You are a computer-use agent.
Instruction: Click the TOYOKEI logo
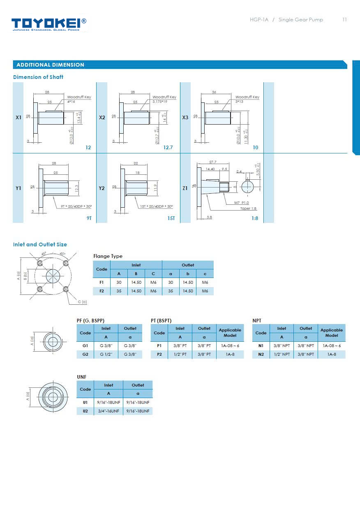pyautogui.click(x=48, y=24)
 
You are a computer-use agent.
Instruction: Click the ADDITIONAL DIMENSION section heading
pyautogui.click(x=50, y=65)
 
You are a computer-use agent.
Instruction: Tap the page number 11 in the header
pyautogui.click(x=344, y=20)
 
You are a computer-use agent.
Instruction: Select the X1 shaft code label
pyautogui.click(x=18, y=118)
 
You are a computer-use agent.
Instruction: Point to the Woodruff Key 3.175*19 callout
pyautogui.click(x=164, y=99)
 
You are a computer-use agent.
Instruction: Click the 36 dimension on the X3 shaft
pyautogui.click(x=214, y=93)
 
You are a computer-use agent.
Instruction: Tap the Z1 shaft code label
pyautogui.click(x=185, y=188)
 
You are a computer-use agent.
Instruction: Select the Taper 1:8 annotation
pyautogui.click(x=248, y=209)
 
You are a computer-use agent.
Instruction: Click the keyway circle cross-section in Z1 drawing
pyautogui.click(x=248, y=187)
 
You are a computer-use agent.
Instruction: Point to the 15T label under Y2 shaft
pyautogui.click(x=171, y=218)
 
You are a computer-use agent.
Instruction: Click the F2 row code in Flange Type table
pyautogui.click(x=102, y=291)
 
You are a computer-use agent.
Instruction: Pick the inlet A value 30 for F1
pyautogui.click(x=119, y=283)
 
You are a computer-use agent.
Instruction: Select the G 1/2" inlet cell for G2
pyautogui.click(x=106, y=354)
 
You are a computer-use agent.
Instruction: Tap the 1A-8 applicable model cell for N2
pyautogui.click(x=331, y=354)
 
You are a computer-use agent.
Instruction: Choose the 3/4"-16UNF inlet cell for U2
pyautogui.click(x=108, y=411)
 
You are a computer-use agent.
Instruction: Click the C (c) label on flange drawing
pyautogui.click(x=82, y=302)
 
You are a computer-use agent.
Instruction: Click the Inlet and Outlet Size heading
pyautogui.click(x=40, y=245)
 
